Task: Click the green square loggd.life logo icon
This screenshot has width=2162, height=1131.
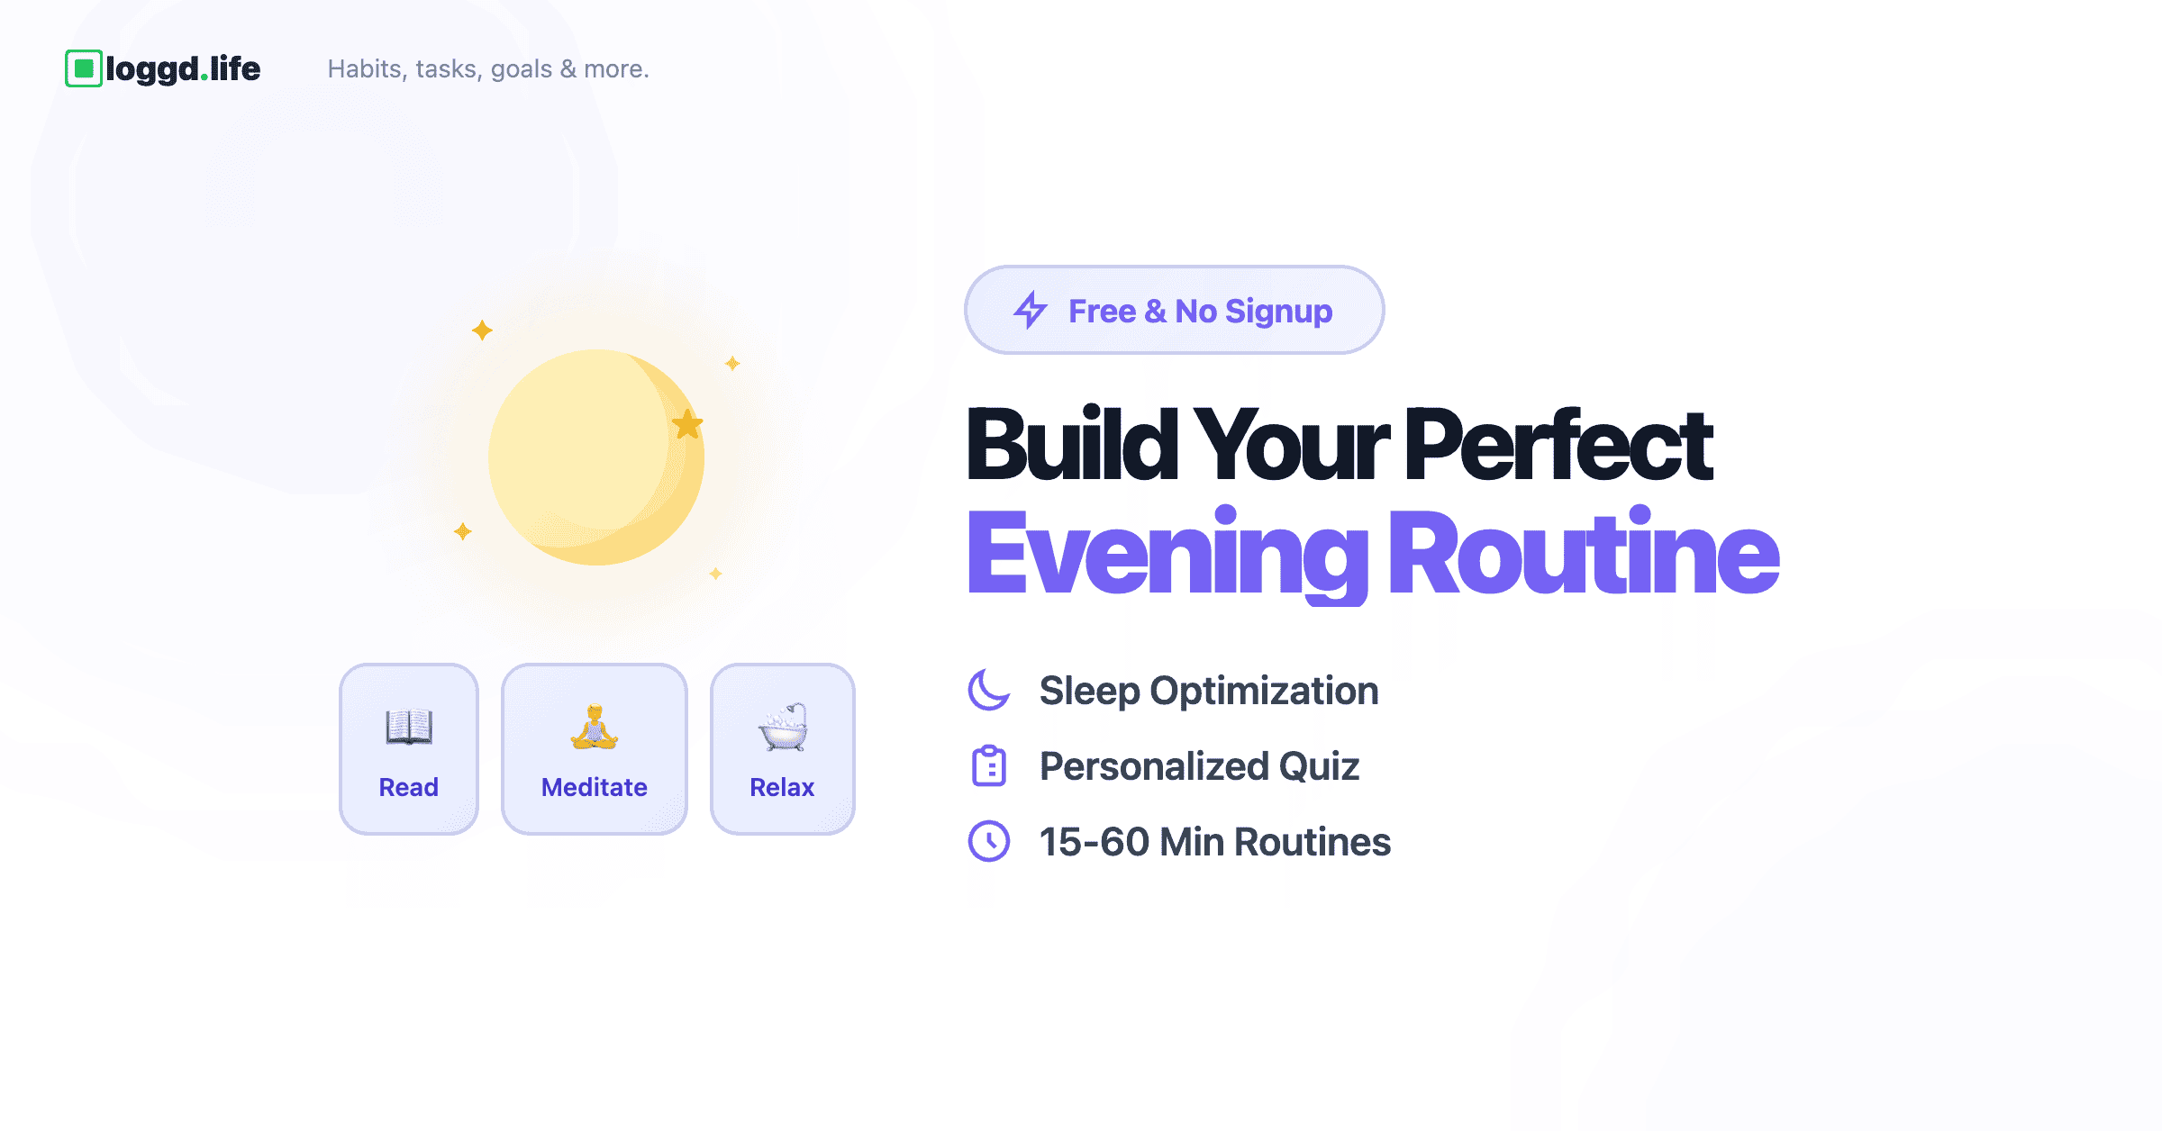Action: tap(84, 68)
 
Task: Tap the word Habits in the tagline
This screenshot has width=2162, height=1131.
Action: tap(365, 69)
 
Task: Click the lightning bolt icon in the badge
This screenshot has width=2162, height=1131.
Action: tap(1031, 310)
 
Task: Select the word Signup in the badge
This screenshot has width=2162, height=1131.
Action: tap(1279, 312)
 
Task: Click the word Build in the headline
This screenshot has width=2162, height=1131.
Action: tap(1072, 443)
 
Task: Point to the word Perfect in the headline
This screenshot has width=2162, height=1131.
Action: tap(1558, 443)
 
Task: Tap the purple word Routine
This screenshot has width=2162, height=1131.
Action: tap(1585, 550)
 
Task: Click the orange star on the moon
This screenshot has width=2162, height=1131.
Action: tap(687, 424)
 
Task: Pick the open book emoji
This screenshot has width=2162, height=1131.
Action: tap(409, 727)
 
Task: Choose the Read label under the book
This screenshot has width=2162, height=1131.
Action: tap(409, 787)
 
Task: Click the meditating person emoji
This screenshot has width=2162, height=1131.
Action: tap(595, 727)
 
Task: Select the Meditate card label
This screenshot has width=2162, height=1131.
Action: tap(595, 787)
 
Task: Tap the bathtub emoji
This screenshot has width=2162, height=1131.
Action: tap(783, 727)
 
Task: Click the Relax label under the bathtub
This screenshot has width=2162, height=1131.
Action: tap(782, 787)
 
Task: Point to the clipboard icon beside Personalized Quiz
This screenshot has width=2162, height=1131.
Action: tap(989, 766)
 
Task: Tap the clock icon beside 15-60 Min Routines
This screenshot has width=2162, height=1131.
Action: tap(989, 841)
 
